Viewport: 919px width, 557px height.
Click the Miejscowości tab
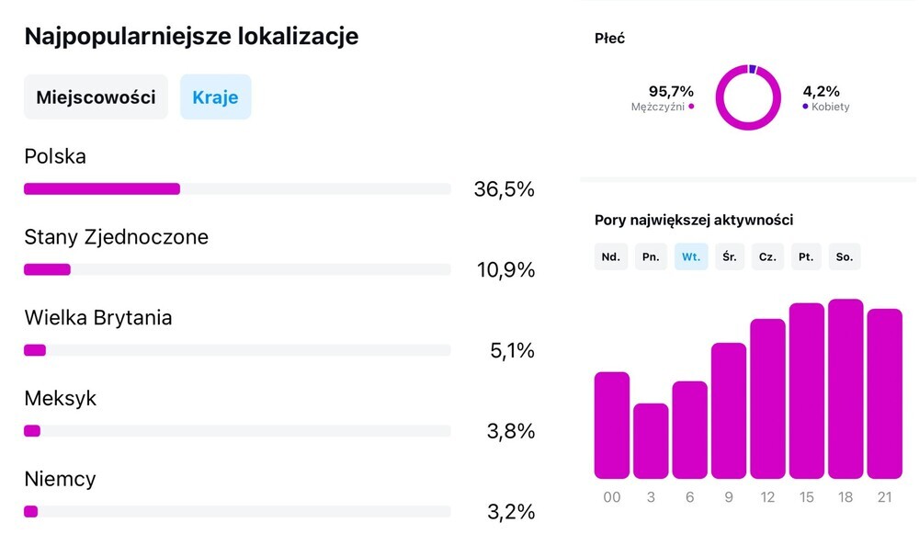click(x=96, y=97)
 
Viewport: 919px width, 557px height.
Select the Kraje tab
click(x=215, y=97)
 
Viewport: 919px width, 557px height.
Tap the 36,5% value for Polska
click(x=504, y=189)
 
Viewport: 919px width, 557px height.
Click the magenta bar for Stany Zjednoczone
click(x=47, y=269)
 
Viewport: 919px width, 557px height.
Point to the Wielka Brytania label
click(x=97, y=318)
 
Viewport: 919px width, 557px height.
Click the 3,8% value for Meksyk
click(x=510, y=431)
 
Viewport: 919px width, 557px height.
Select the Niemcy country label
click(x=60, y=480)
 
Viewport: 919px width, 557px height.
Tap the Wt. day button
click(x=690, y=256)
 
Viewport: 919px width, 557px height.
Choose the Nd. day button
click(x=610, y=256)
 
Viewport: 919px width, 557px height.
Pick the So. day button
click(x=845, y=256)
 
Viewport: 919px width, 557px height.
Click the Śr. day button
click(x=729, y=256)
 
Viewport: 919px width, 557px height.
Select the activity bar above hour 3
click(x=651, y=441)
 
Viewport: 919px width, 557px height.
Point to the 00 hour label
click(x=612, y=496)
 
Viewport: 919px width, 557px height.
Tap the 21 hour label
click(x=884, y=496)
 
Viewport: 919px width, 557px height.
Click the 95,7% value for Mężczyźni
click(x=671, y=91)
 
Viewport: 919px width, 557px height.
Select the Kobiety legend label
click(x=830, y=107)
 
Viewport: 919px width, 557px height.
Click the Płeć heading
click(x=610, y=39)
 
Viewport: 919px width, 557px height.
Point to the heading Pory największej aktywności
click(x=694, y=220)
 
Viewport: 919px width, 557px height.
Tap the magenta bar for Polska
click(x=102, y=189)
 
